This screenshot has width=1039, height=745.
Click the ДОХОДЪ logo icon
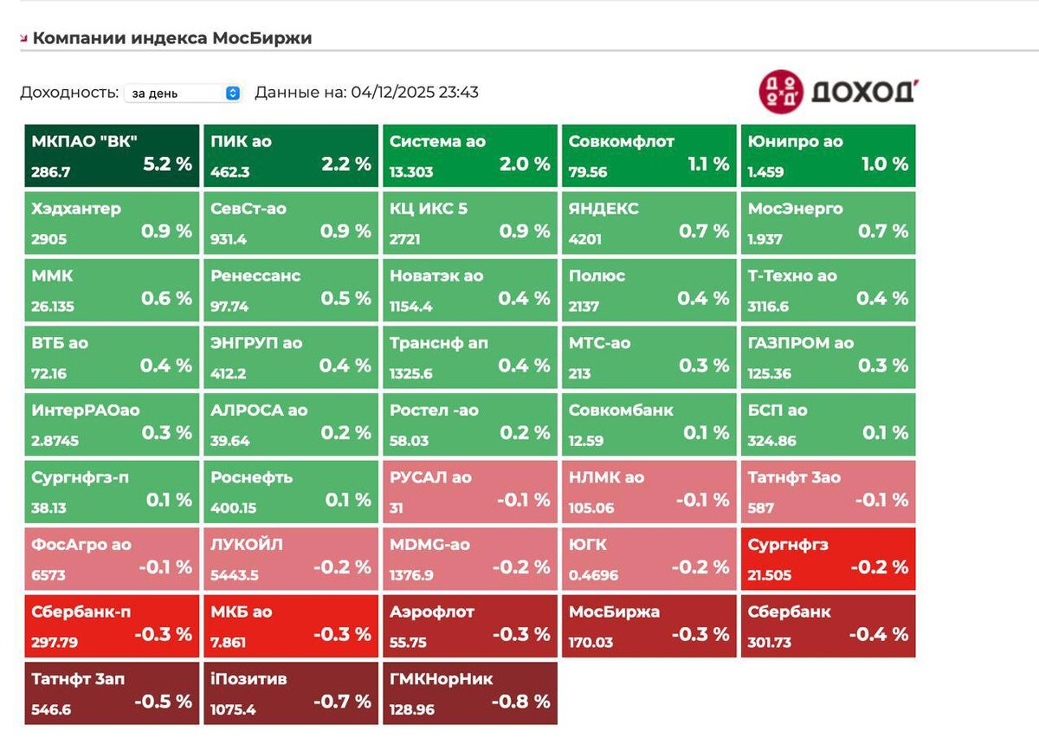(x=781, y=91)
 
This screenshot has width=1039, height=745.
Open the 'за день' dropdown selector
(x=183, y=94)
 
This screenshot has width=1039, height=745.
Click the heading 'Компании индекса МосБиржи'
(x=171, y=38)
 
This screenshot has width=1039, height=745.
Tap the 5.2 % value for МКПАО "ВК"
(x=167, y=164)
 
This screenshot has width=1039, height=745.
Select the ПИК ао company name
(x=241, y=141)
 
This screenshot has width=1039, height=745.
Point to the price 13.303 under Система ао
(x=411, y=172)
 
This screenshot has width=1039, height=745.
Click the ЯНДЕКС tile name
(x=603, y=209)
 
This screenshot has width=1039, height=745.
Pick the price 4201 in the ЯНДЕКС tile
(x=585, y=239)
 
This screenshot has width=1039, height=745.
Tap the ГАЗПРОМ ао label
(x=801, y=343)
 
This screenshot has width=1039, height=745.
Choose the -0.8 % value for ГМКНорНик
(x=521, y=701)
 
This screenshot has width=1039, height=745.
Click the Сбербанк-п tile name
(x=81, y=612)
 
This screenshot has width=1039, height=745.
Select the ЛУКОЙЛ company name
(x=247, y=545)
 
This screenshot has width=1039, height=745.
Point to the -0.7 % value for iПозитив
(x=342, y=701)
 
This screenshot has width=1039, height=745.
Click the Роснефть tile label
(x=252, y=477)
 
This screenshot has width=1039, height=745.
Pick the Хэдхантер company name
(x=76, y=209)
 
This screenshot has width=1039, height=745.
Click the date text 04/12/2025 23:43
(x=415, y=93)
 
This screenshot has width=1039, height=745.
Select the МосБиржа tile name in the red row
(x=614, y=612)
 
